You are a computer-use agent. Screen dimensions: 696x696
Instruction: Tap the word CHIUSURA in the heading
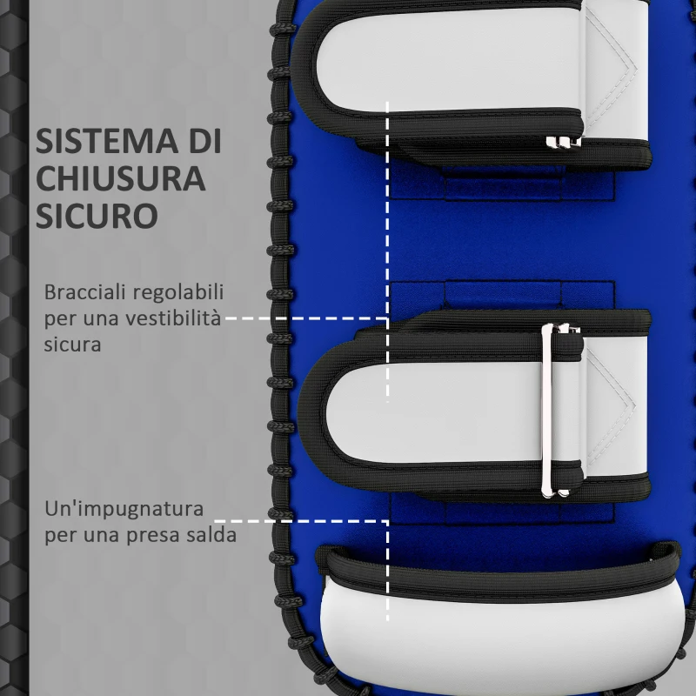(121, 177)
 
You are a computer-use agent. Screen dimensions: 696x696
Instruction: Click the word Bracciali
(82, 291)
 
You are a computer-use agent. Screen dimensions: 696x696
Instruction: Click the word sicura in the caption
(73, 344)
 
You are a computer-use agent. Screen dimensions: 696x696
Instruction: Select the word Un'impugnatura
(124, 508)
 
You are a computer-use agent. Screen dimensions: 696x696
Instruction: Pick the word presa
(163, 534)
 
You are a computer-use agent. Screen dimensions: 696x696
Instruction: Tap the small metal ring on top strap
(561, 141)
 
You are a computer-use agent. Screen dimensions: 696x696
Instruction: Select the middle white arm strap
(444, 409)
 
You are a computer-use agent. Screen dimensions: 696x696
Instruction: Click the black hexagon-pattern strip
(12, 348)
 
